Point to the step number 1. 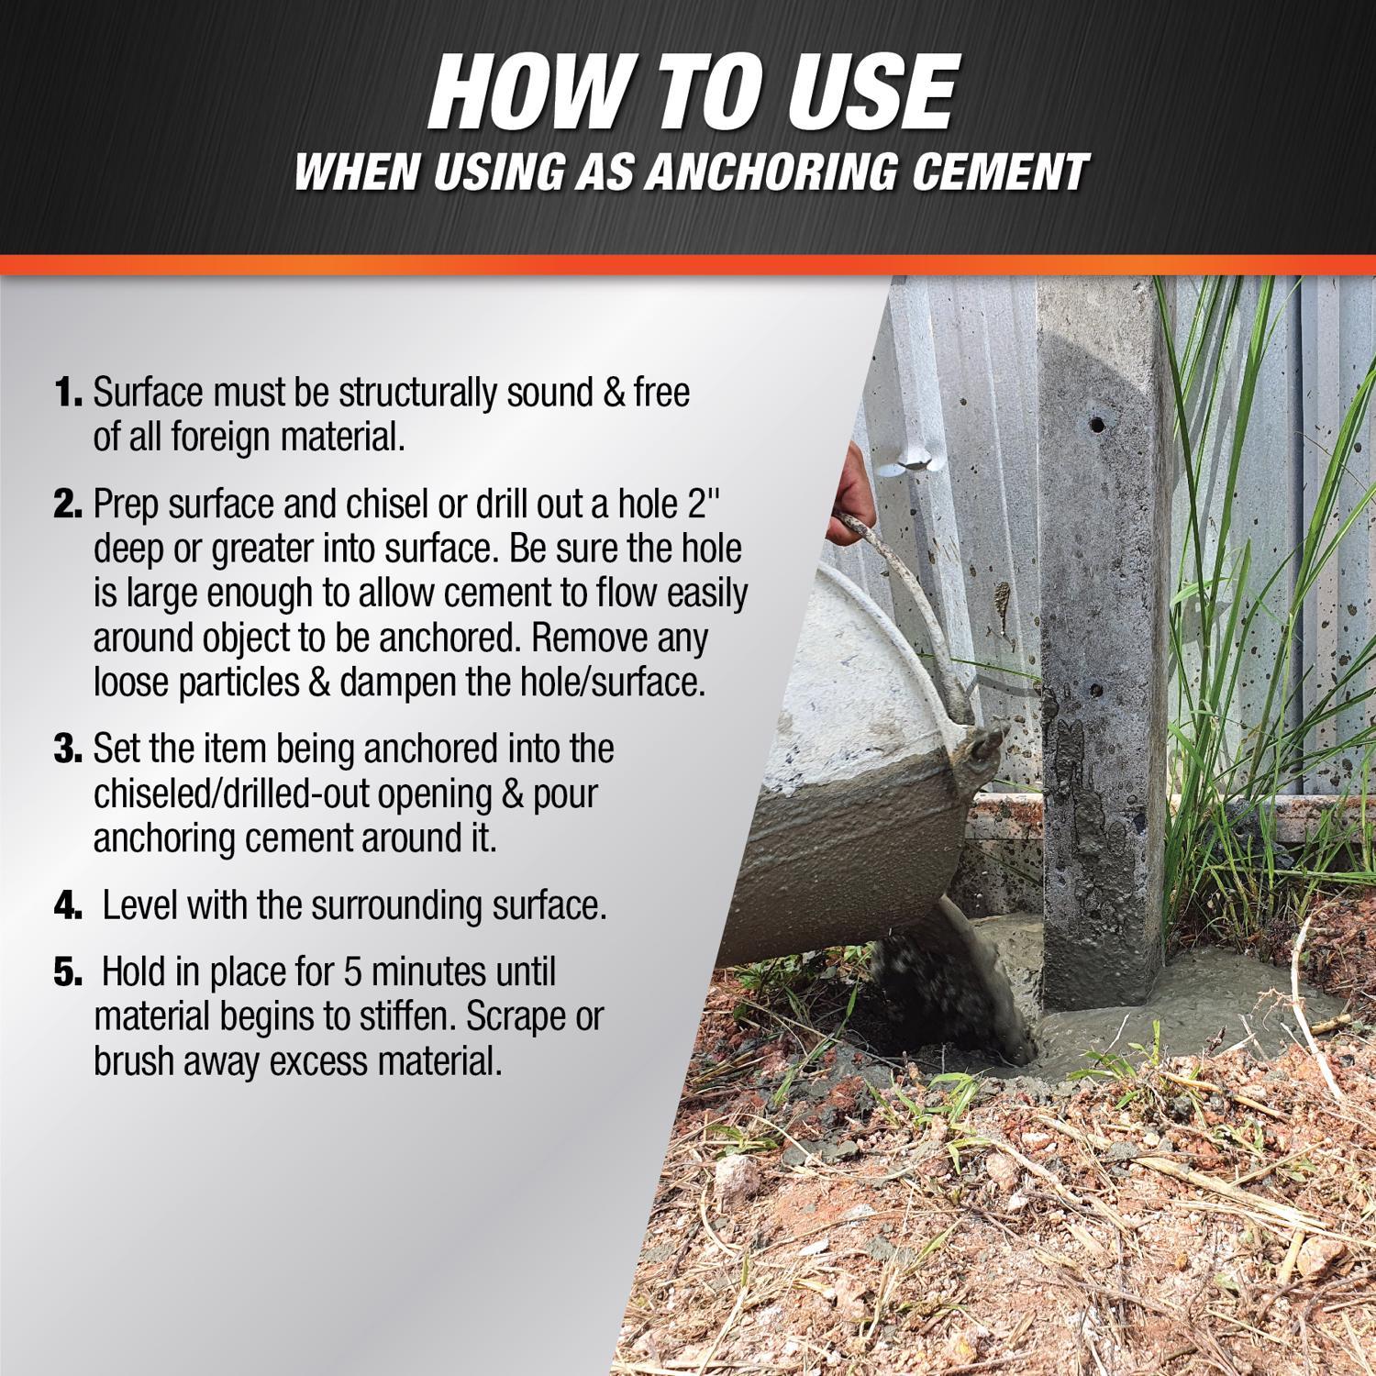coord(70,394)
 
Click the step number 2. coord(70,505)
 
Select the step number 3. coord(70,749)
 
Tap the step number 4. coord(70,906)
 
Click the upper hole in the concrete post coord(1095,425)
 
